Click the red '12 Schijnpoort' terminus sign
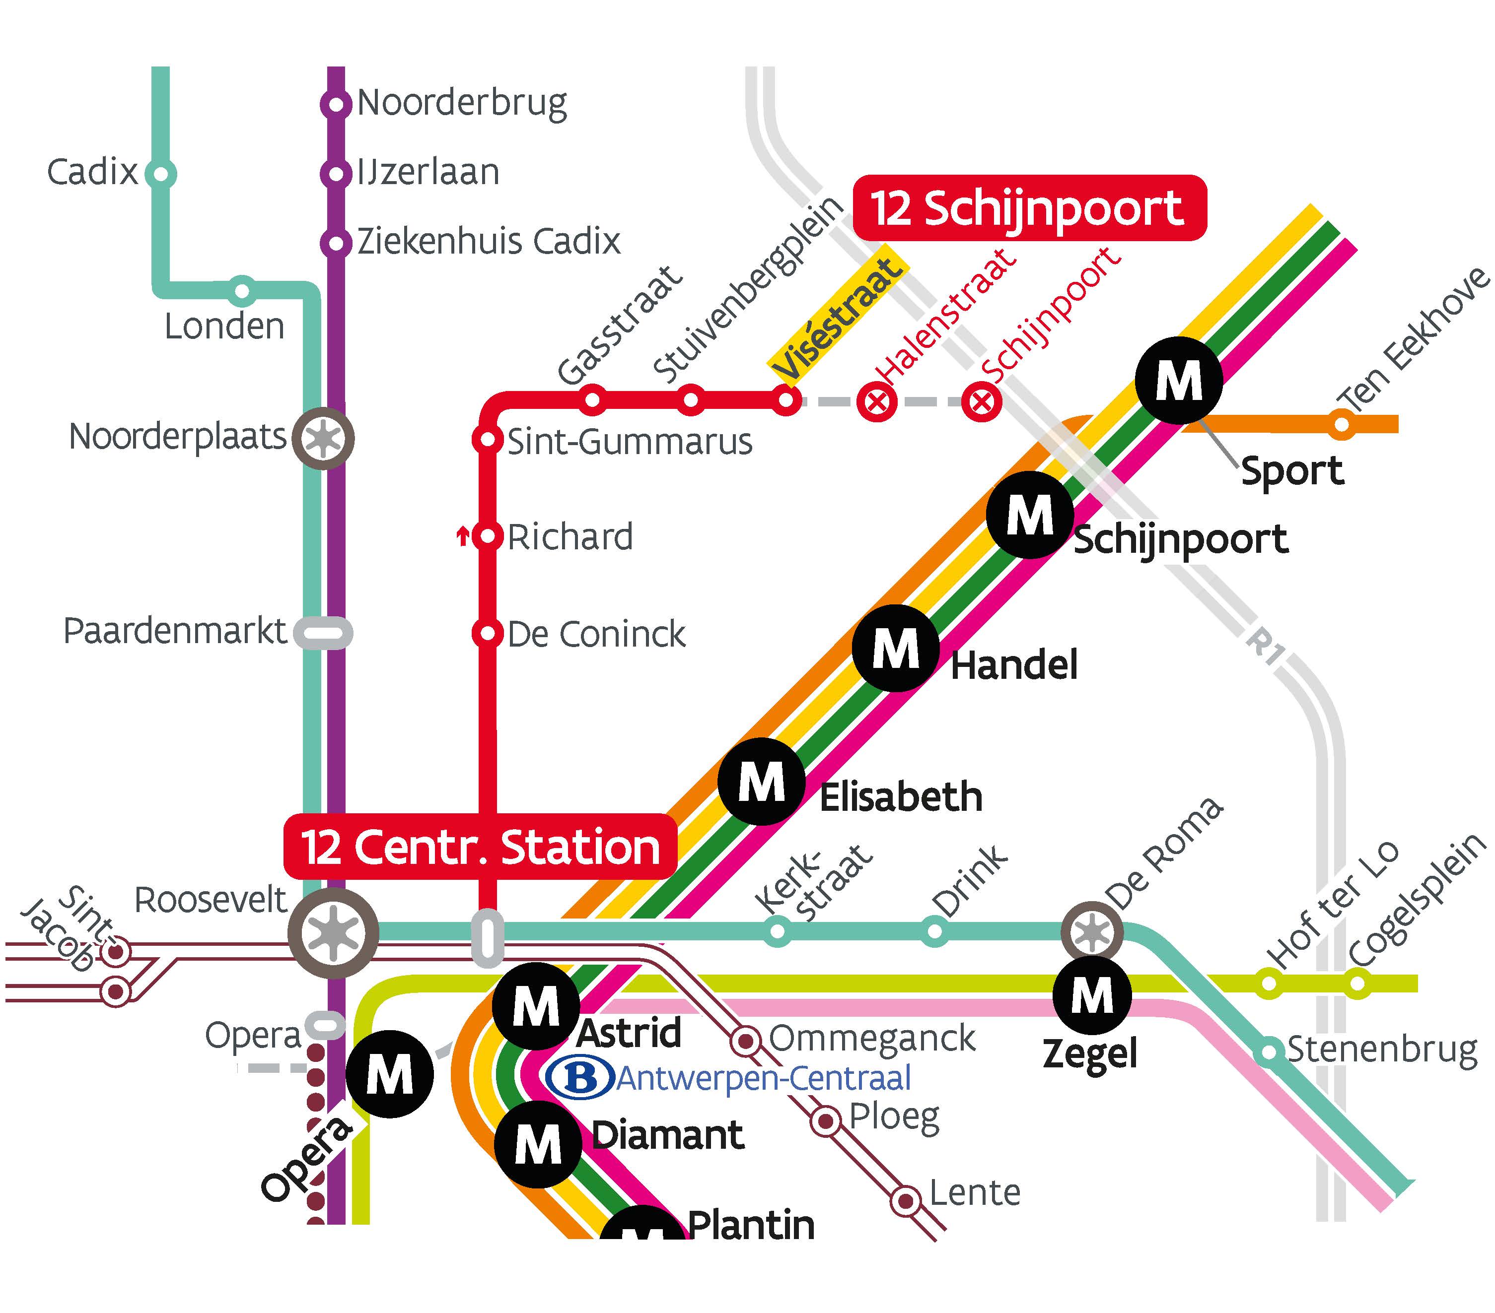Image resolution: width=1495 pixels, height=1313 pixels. pos(1029,208)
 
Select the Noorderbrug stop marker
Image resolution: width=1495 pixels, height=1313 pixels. pos(336,104)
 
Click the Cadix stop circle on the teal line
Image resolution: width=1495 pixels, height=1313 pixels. pos(160,175)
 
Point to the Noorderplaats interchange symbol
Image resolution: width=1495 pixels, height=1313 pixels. pos(323,438)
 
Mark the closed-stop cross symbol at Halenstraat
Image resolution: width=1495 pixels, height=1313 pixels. pos(877,401)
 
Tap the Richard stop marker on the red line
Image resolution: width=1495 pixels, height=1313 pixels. pos(487,536)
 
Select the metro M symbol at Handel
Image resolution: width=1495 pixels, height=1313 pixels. pos(896,648)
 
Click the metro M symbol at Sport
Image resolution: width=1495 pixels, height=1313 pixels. pos(1178,380)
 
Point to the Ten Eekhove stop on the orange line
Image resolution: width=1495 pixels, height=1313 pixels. pos(1342,424)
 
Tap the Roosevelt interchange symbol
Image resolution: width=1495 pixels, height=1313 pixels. pos(333,933)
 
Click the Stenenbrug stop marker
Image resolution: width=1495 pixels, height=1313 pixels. pos(1269,1052)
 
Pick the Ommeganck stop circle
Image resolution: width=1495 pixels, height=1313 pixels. pos(745,1040)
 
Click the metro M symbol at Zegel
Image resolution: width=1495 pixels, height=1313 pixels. pos(1092,995)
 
